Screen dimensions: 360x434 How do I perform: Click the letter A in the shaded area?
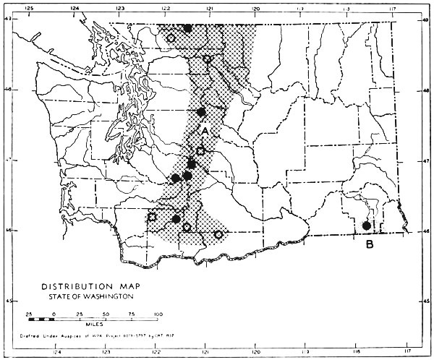pyautogui.click(x=205, y=131)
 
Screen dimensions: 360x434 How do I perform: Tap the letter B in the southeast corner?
pyautogui.click(x=370, y=244)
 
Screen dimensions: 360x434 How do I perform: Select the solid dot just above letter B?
pyautogui.click(x=366, y=226)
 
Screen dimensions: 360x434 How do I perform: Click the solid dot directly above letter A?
pyautogui.click(x=202, y=112)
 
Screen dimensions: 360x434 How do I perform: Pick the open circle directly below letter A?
pyautogui.click(x=201, y=151)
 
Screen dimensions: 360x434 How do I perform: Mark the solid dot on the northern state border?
pyautogui.click(x=187, y=28)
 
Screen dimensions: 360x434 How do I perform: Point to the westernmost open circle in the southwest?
pyautogui.click(x=152, y=216)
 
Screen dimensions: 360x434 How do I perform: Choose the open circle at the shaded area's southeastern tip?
pyautogui.click(x=218, y=234)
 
